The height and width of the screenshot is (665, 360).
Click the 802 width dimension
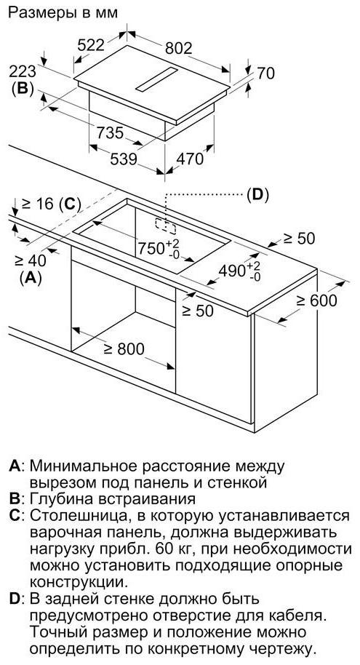point(178,48)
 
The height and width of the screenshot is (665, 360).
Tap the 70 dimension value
point(265,73)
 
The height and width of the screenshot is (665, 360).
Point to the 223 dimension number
point(23,71)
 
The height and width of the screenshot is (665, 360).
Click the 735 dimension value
point(110,132)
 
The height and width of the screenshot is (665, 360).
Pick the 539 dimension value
point(124,159)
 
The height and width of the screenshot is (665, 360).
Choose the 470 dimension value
point(190,159)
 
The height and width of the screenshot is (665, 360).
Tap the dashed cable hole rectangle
point(165,226)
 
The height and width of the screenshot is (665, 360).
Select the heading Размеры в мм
point(63,13)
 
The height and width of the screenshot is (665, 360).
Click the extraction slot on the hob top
point(156,79)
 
